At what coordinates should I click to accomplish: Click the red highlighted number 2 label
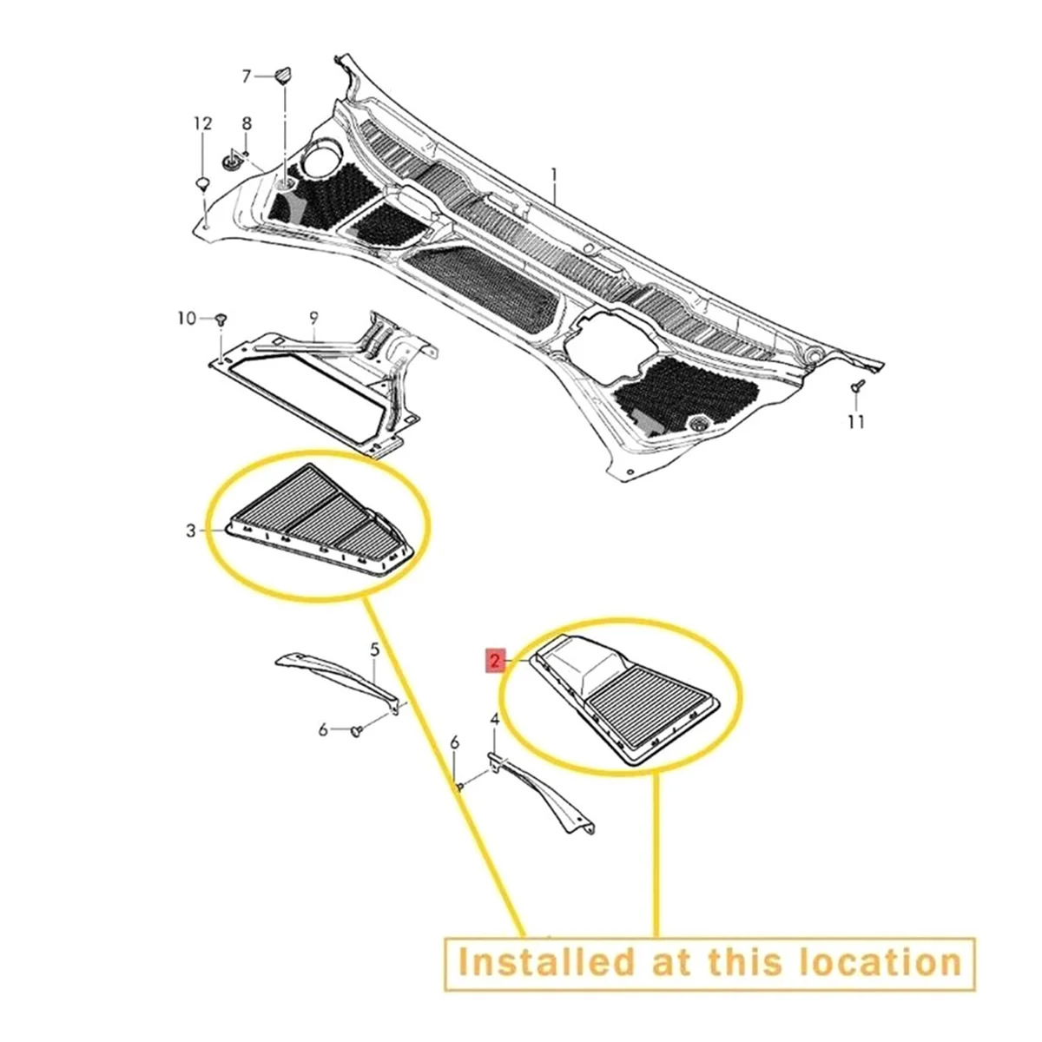pyautogui.click(x=494, y=662)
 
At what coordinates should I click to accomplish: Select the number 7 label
pyautogui.click(x=246, y=77)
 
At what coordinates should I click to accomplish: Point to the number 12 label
pyautogui.click(x=202, y=124)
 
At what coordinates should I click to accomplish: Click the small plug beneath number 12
pyautogui.click(x=201, y=183)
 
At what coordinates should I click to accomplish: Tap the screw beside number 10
pyautogui.click(x=220, y=320)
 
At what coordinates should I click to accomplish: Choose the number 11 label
pyautogui.click(x=856, y=422)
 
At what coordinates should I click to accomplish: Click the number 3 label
pyautogui.click(x=192, y=531)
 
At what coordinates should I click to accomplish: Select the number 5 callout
pyautogui.click(x=375, y=649)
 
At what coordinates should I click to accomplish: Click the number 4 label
pyautogui.click(x=494, y=719)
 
